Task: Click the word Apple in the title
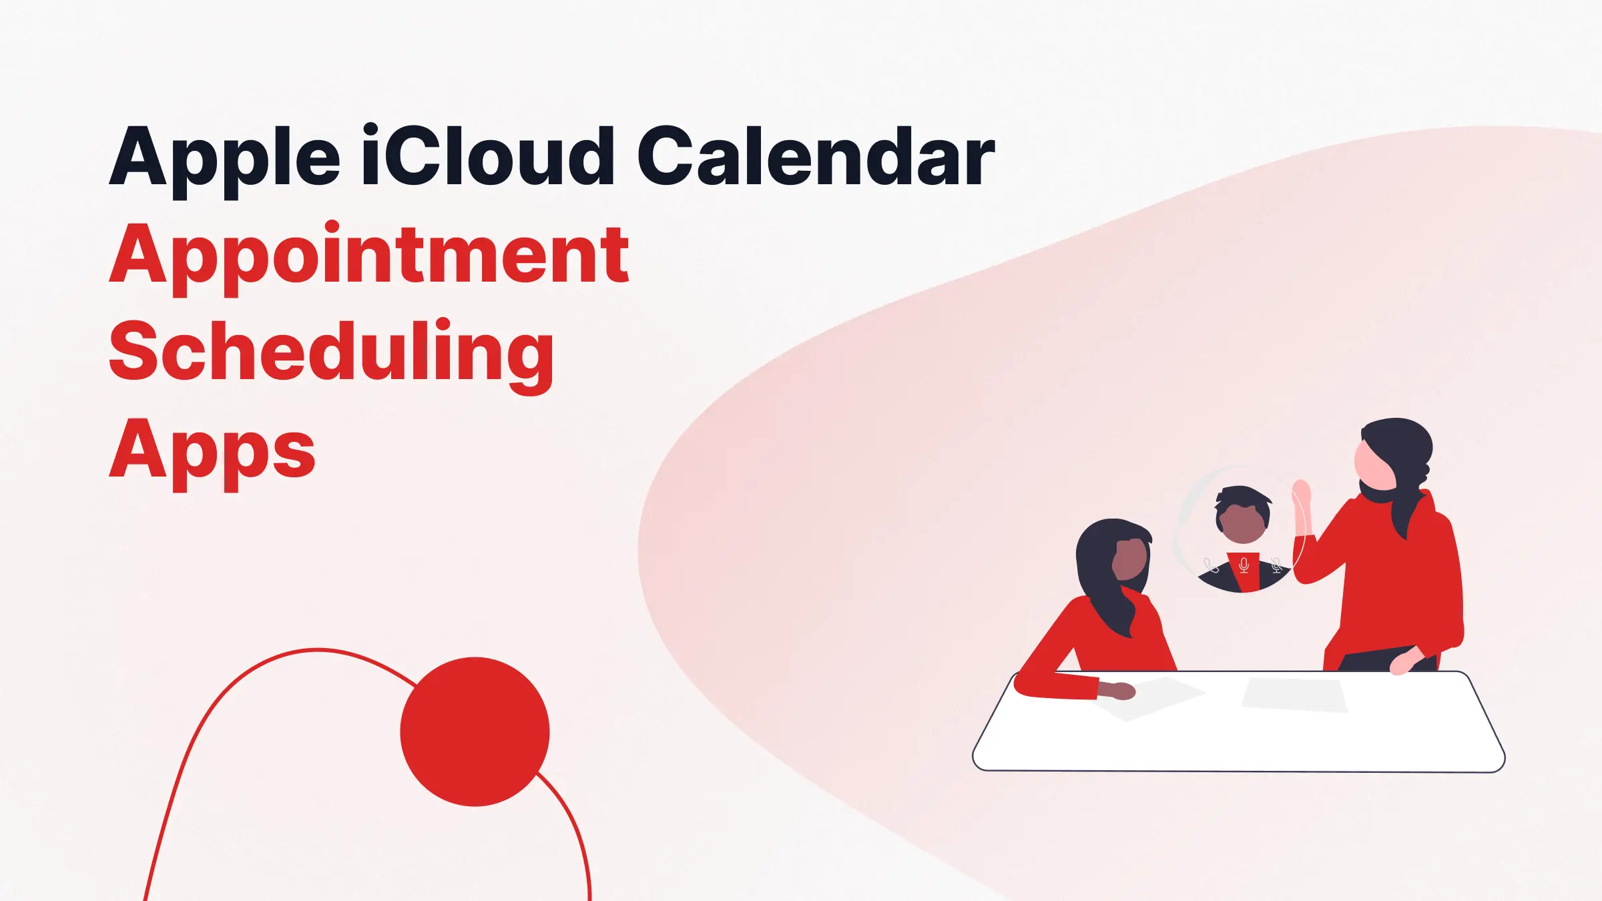point(224,159)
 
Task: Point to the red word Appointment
point(369,256)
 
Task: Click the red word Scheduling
point(331,352)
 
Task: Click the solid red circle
point(475,731)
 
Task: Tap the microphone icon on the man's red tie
point(1244,566)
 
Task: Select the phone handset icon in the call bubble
point(1211,567)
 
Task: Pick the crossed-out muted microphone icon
point(1276,566)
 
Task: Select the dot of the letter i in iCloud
point(371,130)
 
